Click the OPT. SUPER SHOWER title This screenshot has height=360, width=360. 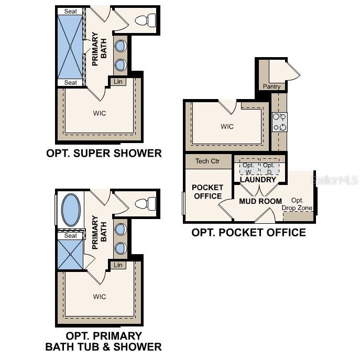(x=104, y=154)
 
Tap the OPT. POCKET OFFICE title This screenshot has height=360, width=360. (x=248, y=232)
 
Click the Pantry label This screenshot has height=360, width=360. (x=271, y=86)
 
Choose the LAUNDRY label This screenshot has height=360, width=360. (x=258, y=180)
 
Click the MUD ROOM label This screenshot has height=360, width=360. (x=260, y=201)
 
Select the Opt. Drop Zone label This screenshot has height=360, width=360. (x=297, y=204)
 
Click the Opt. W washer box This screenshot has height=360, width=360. (x=248, y=168)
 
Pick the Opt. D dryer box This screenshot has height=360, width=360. (x=269, y=168)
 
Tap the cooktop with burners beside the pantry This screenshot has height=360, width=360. (x=279, y=122)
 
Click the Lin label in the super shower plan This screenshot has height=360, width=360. (x=118, y=82)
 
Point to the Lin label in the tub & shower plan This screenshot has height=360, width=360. (x=118, y=265)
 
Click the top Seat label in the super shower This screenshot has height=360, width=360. (x=70, y=12)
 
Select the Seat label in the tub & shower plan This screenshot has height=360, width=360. (x=70, y=236)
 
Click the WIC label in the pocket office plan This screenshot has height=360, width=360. (x=227, y=127)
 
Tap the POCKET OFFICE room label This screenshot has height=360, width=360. (x=208, y=192)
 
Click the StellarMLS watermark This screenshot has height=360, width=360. (x=335, y=180)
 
